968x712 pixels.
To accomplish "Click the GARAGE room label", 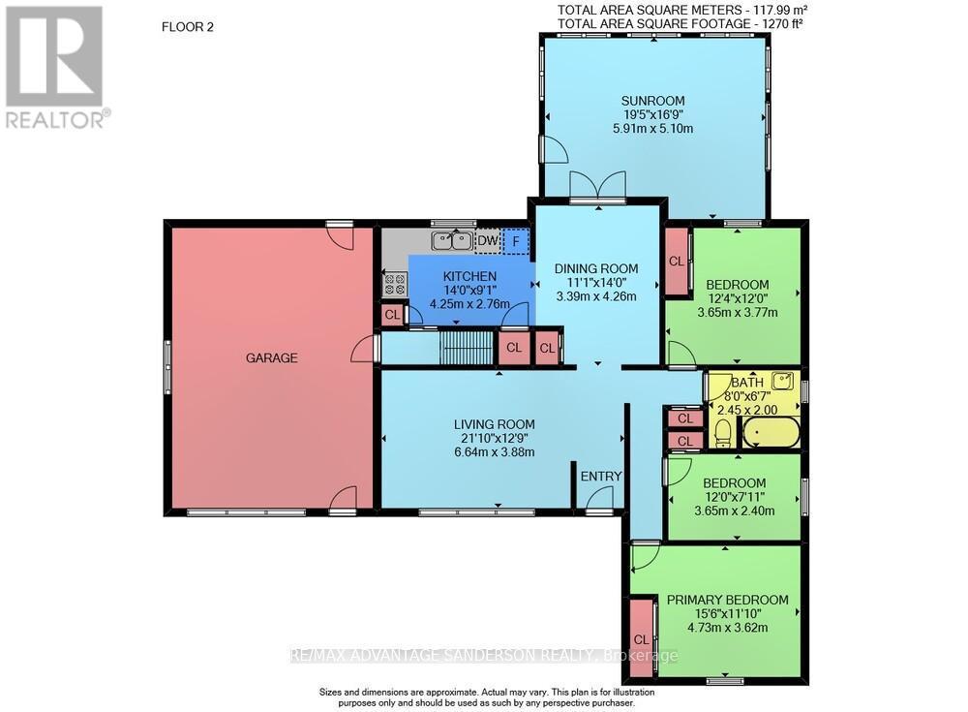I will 271,357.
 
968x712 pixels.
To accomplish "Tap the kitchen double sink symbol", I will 451,240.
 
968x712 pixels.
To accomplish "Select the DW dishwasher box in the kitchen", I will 488,240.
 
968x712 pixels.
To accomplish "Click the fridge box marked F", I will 516,240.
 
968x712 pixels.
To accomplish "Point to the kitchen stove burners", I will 395,284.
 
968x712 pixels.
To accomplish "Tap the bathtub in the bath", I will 771,433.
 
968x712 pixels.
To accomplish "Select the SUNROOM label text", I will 653,101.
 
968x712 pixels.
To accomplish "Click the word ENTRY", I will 600,476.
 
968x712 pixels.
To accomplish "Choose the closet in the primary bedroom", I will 640,638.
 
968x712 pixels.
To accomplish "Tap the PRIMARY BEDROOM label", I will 727,600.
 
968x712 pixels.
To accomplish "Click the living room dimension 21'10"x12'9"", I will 495,438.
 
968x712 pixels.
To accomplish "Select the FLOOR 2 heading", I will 187,27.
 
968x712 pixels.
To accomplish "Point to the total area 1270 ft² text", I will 681,22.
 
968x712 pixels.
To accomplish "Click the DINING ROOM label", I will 596,268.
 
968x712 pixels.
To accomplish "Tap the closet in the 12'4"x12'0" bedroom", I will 676,261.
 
